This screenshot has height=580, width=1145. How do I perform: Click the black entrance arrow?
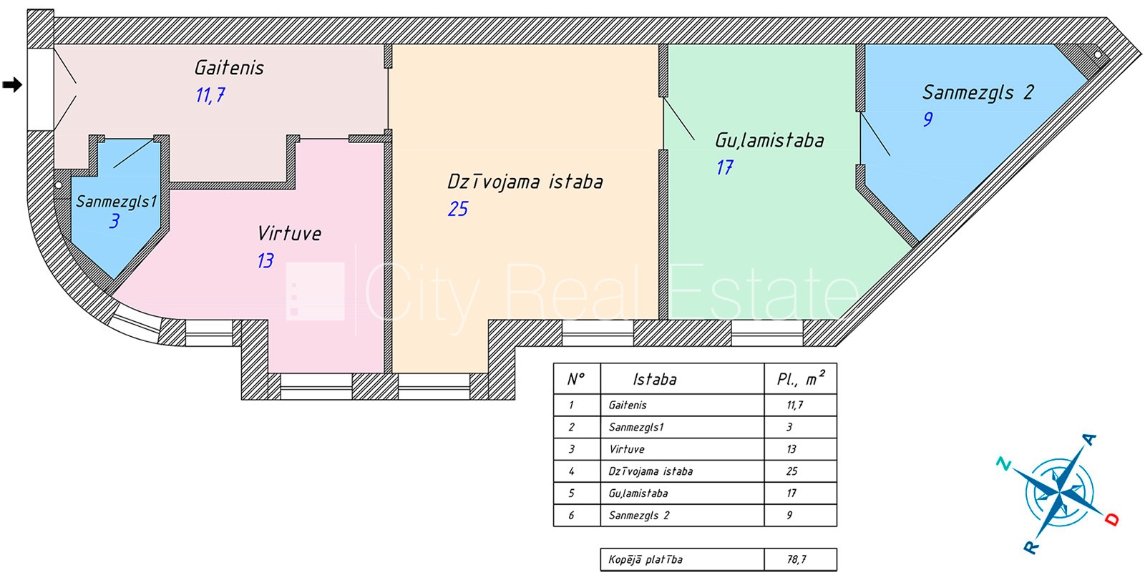tap(12, 84)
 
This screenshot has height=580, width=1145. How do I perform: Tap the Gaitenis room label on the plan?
tap(229, 67)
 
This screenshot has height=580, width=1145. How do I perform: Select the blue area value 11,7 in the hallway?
tap(210, 95)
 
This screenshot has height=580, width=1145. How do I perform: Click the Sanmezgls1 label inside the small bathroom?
tap(117, 202)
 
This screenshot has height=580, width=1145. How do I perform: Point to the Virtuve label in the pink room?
tap(289, 234)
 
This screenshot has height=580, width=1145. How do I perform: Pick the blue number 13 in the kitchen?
tap(265, 260)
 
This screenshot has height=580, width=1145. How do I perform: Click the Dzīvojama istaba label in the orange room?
tap(525, 182)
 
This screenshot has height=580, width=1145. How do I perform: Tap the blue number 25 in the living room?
tap(458, 209)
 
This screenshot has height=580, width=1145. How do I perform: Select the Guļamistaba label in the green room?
tap(769, 140)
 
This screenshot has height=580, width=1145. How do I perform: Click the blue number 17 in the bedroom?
tap(725, 167)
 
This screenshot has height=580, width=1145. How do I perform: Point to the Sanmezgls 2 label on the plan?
tap(978, 92)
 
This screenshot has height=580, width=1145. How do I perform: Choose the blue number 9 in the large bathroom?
tap(928, 119)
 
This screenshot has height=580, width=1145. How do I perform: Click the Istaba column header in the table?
tap(655, 379)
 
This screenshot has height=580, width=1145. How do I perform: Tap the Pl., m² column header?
tap(801, 378)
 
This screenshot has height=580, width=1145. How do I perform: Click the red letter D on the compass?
tap(1112, 520)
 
